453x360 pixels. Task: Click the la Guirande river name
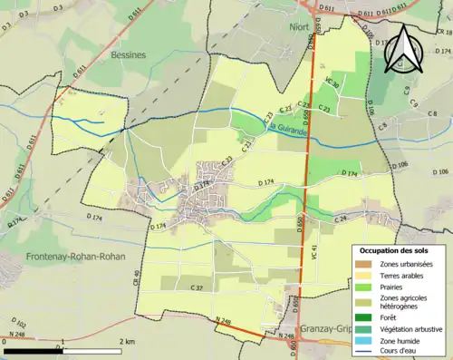click(289, 132)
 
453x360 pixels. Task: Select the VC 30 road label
click(332, 84)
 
